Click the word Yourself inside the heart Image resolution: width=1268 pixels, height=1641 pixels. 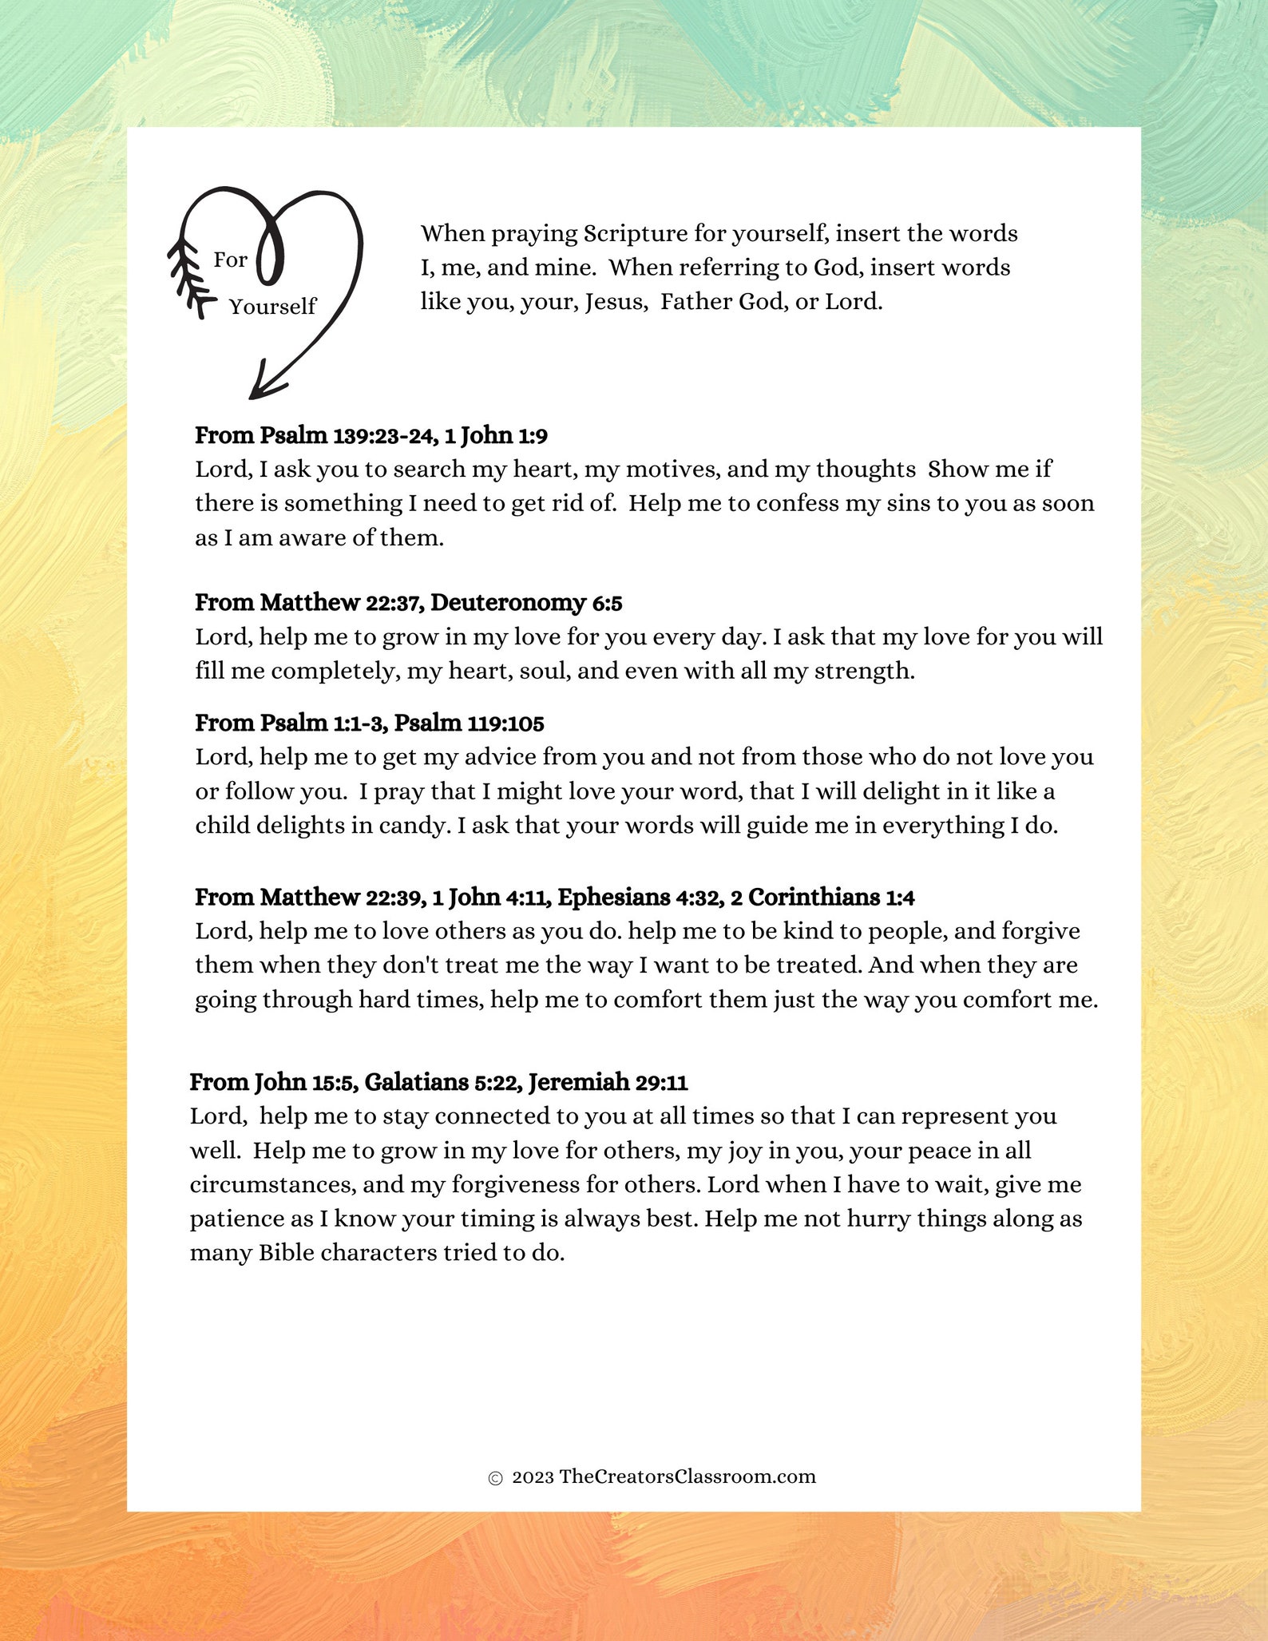click(x=272, y=307)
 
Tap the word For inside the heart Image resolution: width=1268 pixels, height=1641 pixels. click(x=230, y=260)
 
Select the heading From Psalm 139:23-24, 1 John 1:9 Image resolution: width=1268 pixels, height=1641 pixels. click(x=371, y=436)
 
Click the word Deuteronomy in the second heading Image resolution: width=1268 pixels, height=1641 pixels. click(x=508, y=603)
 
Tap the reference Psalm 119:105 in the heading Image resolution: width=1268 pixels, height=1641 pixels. click(x=470, y=723)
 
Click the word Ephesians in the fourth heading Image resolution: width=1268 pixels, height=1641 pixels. click(x=613, y=898)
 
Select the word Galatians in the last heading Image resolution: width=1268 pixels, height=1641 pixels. click(x=416, y=1083)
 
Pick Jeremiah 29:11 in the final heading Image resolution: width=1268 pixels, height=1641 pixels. click(x=608, y=1083)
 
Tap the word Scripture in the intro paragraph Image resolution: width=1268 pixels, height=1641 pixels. click(x=635, y=234)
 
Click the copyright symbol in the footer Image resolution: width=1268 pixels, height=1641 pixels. click(x=495, y=1478)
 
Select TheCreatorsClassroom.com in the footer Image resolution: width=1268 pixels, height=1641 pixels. click(x=687, y=1477)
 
